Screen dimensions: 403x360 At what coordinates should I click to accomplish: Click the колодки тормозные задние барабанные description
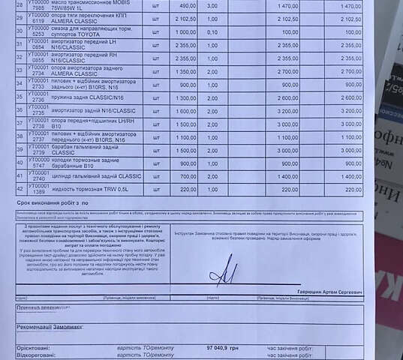tap(82, 163)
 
